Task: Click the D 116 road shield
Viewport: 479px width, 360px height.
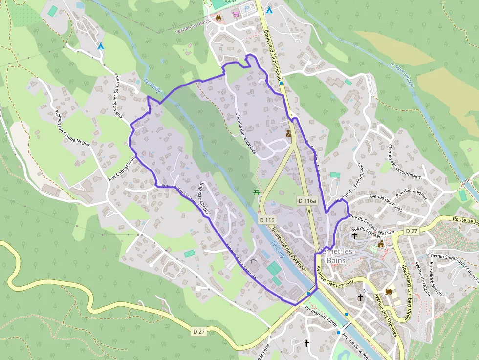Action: click(267, 220)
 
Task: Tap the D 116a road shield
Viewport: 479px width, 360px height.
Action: click(307, 201)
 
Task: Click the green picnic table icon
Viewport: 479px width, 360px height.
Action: click(256, 192)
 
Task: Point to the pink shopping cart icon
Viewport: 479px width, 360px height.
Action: click(237, 14)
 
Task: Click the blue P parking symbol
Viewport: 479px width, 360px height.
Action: click(246, 8)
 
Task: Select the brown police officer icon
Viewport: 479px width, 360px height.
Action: click(289, 133)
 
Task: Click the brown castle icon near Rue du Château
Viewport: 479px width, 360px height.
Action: click(381, 244)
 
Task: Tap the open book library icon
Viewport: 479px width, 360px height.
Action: click(388, 292)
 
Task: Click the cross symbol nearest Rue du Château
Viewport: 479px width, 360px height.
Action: click(354, 236)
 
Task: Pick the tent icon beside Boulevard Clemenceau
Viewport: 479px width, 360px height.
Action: click(269, 10)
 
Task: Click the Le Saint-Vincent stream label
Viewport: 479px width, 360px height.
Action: click(402, 75)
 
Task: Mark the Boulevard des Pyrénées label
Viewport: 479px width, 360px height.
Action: click(288, 252)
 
